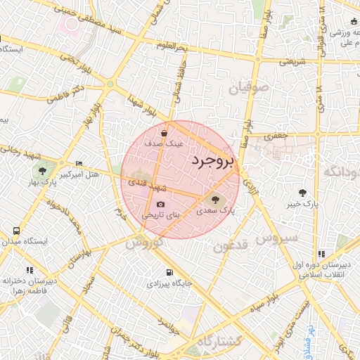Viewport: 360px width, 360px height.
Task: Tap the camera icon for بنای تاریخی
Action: tap(160, 205)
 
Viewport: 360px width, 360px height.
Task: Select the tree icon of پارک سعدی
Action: tap(215, 200)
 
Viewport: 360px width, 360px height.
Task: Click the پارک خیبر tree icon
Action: tap(303, 193)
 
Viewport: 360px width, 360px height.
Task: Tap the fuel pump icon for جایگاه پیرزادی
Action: tap(168, 273)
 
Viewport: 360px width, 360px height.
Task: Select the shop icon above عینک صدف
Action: tap(164, 132)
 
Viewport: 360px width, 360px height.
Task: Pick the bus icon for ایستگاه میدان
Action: tap(16, 231)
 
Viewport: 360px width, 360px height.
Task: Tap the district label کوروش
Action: tap(145, 243)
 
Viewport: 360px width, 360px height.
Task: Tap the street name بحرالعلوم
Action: tap(172, 46)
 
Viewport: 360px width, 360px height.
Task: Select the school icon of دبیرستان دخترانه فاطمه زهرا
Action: tap(30, 270)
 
